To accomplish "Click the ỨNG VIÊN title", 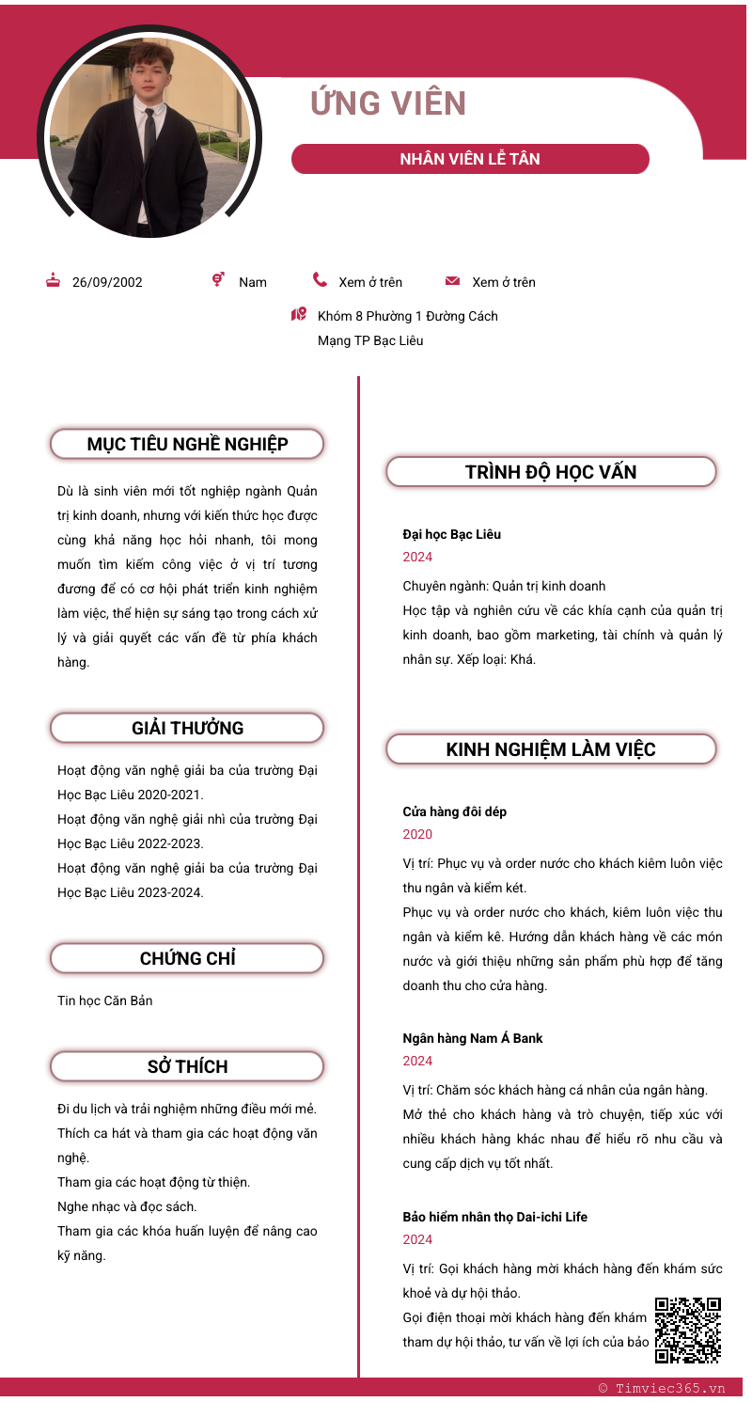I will click(x=388, y=103).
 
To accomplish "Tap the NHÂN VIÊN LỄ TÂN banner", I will click(x=470, y=159).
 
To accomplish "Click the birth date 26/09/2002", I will click(x=107, y=282).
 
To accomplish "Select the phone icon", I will click(x=321, y=280).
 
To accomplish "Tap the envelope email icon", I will click(x=452, y=281).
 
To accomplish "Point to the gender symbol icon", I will click(x=218, y=279).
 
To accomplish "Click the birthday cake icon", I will click(x=54, y=280).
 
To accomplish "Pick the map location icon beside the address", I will click(x=299, y=314).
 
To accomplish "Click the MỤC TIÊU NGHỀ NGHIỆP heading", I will click(x=187, y=444).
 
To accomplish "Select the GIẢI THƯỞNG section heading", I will click(x=187, y=728).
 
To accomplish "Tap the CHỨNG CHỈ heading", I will click(x=187, y=958).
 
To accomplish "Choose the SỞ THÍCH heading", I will click(x=187, y=1066).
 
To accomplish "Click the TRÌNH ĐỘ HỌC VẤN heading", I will click(x=551, y=472).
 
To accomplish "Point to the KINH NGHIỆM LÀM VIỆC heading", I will click(x=551, y=749).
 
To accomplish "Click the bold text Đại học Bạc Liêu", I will click(x=452, y=534).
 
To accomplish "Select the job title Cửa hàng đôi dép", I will click(x=455, y=811).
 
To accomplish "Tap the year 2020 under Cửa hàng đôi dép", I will click(x=417, y=834).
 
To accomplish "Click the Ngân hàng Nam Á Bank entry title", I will click(x=473, y=1038).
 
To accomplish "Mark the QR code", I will click(x=688, y=1330).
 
